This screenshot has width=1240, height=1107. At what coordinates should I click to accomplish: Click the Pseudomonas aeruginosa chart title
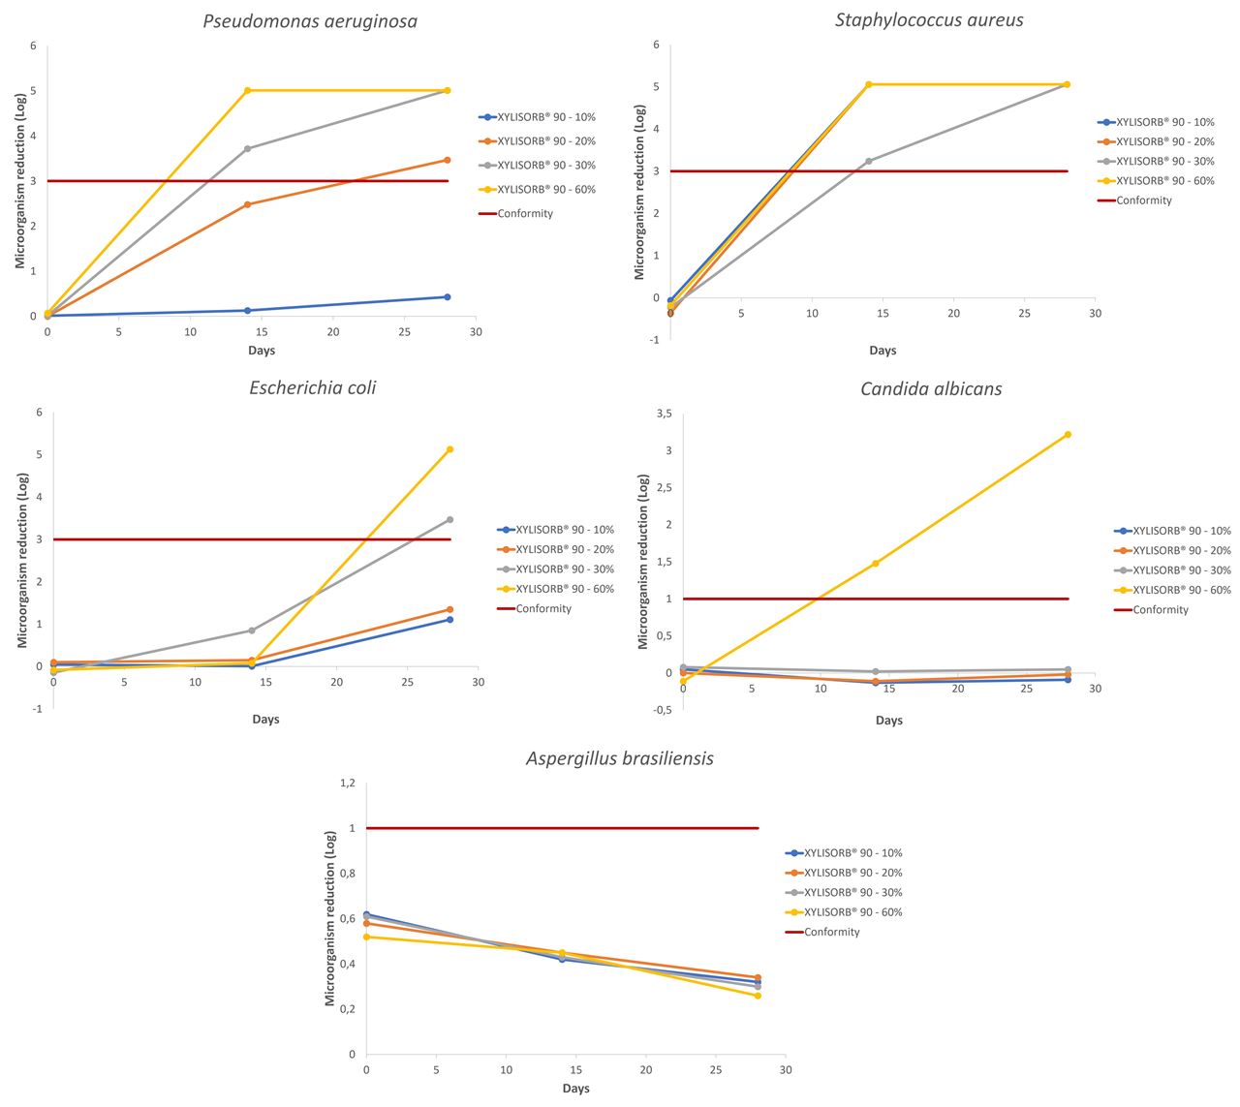310,21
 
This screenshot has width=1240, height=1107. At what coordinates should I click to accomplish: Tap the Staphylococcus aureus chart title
929,19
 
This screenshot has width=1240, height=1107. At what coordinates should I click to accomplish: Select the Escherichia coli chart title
312,387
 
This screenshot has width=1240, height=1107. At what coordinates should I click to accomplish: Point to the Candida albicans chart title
931,388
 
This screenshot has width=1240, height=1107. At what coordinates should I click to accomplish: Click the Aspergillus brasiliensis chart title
620,758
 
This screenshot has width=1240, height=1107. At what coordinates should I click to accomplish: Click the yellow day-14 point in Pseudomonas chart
248,90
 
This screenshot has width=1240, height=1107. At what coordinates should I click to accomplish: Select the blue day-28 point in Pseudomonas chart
447,297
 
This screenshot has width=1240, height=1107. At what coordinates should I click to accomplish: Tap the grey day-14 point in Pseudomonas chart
248,148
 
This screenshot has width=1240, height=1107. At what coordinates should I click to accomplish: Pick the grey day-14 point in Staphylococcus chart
869,161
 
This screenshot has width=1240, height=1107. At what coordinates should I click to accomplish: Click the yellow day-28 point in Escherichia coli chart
450,449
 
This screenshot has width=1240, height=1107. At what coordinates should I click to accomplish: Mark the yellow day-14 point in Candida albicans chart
876,563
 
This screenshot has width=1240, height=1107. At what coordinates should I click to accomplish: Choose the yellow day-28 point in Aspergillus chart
758,996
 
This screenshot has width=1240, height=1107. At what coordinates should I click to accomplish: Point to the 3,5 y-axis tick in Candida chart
664,414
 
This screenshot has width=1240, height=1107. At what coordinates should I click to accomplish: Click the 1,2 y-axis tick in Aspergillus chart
347,783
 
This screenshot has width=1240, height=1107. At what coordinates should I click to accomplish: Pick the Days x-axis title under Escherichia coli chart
265,719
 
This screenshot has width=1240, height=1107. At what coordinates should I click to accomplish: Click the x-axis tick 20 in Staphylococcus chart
953,313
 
